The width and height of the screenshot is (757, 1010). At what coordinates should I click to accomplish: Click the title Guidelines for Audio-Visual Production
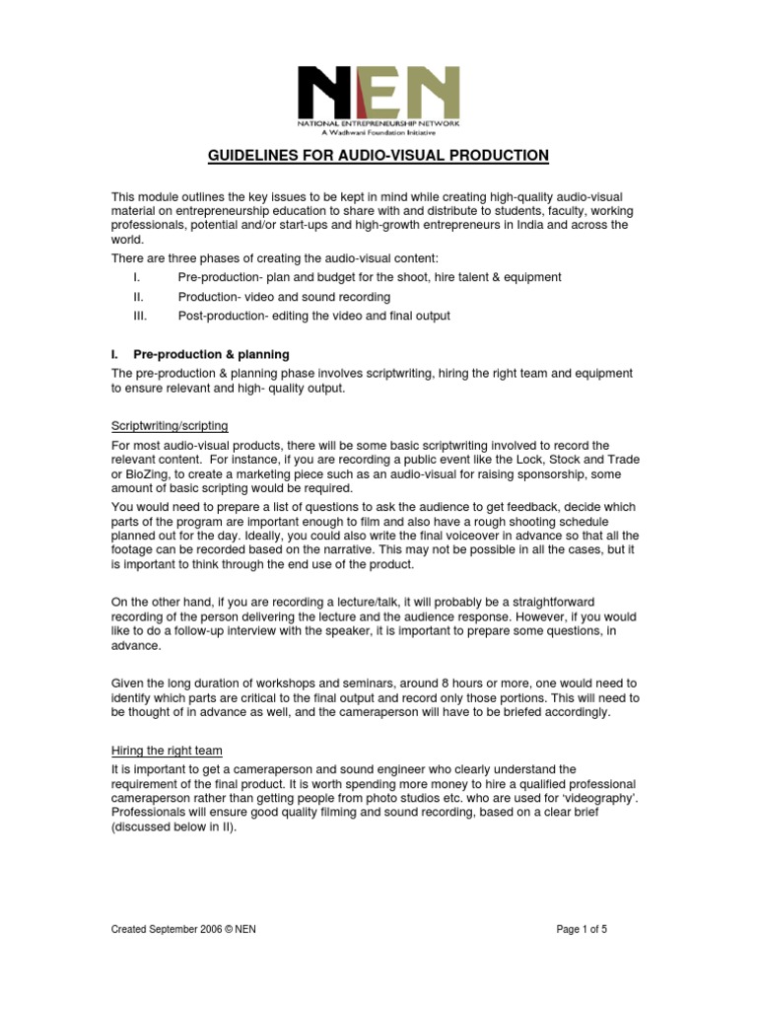click(378, 156)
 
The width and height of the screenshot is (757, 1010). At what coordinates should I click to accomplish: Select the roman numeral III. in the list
click(139, 316)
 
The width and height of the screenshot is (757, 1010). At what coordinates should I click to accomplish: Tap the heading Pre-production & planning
click(210, 354)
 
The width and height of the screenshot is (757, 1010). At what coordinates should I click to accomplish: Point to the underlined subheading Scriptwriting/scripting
click(170, 425)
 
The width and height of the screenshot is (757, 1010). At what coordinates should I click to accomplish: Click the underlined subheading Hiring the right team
click(166, 751)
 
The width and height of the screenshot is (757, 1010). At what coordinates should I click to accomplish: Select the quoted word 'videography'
click(608, 800)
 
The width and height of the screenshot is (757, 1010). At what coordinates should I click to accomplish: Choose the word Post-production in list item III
click(221, 316)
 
